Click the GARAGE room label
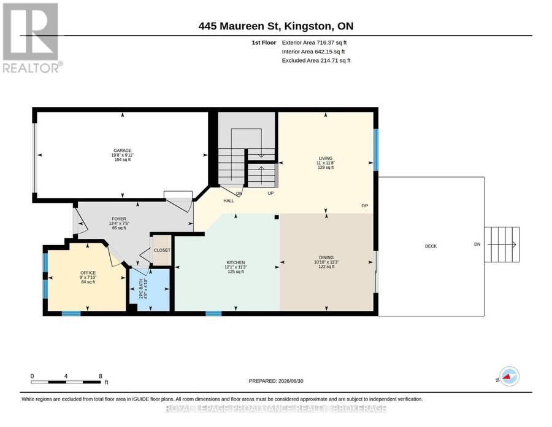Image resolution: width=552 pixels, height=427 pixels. (123, 151)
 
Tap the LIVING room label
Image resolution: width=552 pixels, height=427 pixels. (326, 159)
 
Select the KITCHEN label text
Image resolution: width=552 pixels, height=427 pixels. (236, 262)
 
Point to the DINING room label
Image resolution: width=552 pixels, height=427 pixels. (326, 257)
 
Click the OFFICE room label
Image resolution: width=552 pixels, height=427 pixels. (88, 273)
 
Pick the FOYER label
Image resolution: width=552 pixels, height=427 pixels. (119, 219)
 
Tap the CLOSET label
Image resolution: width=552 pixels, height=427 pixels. (162, 250)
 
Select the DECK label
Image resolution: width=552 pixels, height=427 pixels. (431, 246)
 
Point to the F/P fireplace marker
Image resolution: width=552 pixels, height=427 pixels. (365, 206)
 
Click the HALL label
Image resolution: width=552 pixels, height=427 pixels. (229, 201)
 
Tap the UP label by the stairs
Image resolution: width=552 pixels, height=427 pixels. (270, 194)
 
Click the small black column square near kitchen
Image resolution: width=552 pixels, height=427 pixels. (277, 217)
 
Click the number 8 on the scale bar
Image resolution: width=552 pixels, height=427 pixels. (101, 376)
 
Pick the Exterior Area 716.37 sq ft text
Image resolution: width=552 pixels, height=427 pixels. (315, 42)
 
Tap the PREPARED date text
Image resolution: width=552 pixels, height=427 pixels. (276, 381)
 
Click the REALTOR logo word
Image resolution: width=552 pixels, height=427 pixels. (31, 68)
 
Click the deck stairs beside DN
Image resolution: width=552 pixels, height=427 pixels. (502, 245)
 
